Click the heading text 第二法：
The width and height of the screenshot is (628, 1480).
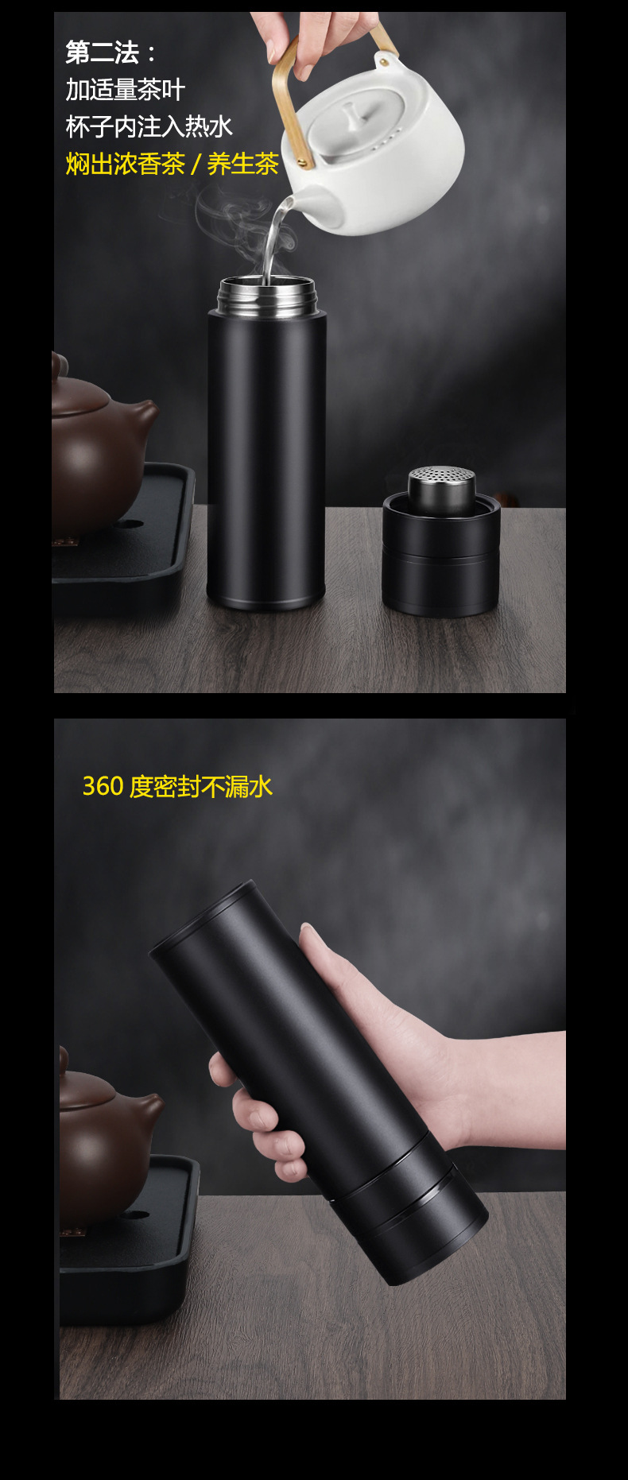tap(111, 53)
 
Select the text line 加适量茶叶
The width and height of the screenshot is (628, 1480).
tap(125, 90)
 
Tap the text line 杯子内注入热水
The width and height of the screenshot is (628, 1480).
tap(149, 126)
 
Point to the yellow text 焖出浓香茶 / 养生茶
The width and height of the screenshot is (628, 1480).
tap(172, 164)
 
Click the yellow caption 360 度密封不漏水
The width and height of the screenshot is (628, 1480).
tap(177, 786)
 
